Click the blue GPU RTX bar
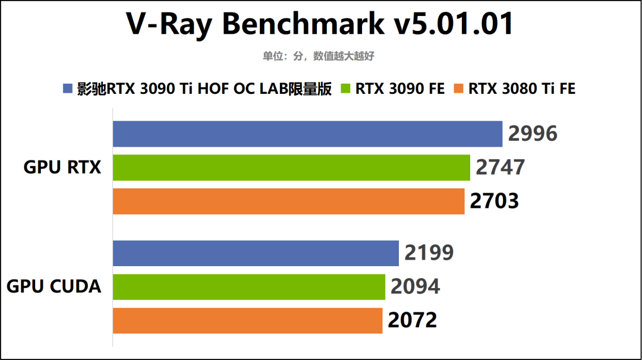(308, 134)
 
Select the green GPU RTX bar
(291, 168)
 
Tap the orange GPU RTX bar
(288, 201)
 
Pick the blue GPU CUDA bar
(256, 253)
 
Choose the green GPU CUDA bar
(249, 287)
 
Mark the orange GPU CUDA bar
(247, 321)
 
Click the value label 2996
(533, 134)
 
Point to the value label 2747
(500, 168)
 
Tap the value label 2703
(494, 201)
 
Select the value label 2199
(429, 253)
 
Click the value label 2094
(415, 287)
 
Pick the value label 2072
(412, 321)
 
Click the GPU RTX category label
(62, 168)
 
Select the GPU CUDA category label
(53, 287)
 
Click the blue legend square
(67, 89)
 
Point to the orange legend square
(458, 89)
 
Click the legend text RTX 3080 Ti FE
(522, 89)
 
